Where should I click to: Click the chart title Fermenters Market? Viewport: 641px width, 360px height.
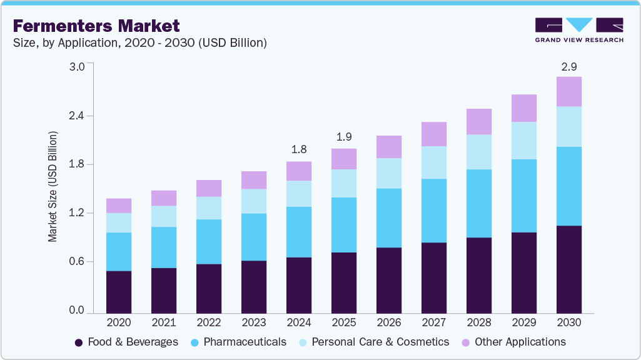[x=96, y=26]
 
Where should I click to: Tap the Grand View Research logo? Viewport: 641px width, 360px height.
[x=579, y=30]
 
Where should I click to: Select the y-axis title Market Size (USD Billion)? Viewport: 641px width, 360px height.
[x=53, y=187]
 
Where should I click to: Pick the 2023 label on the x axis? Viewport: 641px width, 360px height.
[x=254, y=322]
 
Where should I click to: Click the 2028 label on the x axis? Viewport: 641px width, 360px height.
[x=479, y=322]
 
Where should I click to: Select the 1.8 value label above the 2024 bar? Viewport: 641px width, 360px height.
[x=299, y=149]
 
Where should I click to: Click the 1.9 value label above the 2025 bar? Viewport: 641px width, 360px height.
[x=344, y=136]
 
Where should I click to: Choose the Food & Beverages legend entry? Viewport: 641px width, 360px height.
[x=126, y=342]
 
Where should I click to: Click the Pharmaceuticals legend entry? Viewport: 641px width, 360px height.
[x=238, y=342]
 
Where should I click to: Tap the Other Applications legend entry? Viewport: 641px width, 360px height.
[x=513, y=342]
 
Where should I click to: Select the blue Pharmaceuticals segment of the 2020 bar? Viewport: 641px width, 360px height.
[x=119, y=251]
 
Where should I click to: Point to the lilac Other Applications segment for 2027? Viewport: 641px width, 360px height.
[x=434, y=134]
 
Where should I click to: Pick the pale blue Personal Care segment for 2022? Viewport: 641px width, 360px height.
[x=209, y=208]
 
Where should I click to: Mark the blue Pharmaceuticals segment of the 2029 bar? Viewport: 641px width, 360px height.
[x=524, y=196]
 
